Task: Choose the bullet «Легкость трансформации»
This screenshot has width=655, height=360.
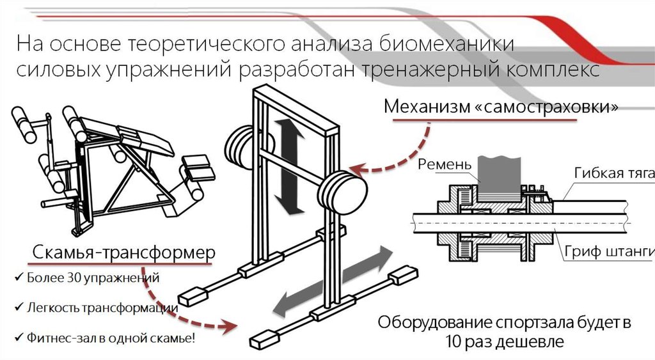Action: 102,308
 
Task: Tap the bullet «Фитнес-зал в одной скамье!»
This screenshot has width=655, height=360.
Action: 111,338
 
